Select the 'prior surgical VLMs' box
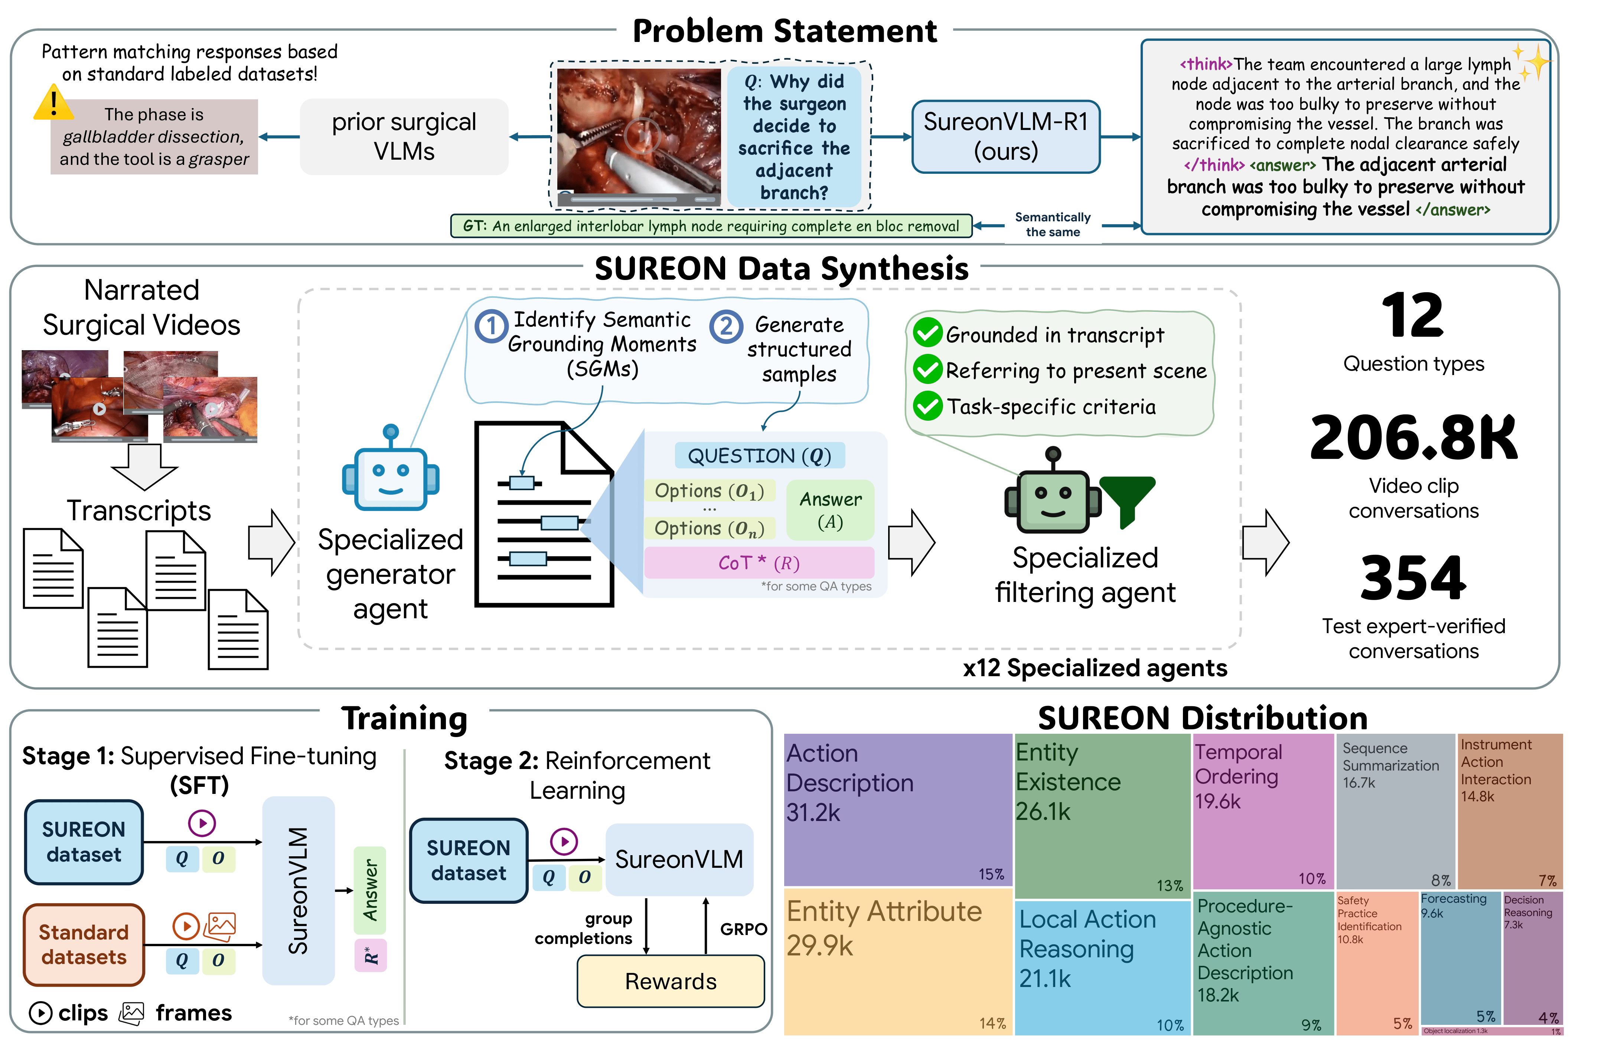pyautogui.click(x=404, y=137)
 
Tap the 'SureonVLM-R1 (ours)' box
pyautogui.click(x=1006, y=137)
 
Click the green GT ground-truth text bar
pyautogui.click(x=711, y=226)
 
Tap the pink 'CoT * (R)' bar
pyautogui.click(x=759, y=563)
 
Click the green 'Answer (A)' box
pyautogui.click(x=830, y=510)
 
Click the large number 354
pyautogui.click(x=1413, y=577)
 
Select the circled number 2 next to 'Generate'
pyautogui.click(x=726, y=326)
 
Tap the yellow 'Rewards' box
pyautogui.click(x=671, y=981)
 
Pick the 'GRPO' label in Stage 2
pyautogui.click(x=743, y=929)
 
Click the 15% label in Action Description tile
pyautogui.click(x=991, y=874)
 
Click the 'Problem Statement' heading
pyautogui.click(x=785, y=31)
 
